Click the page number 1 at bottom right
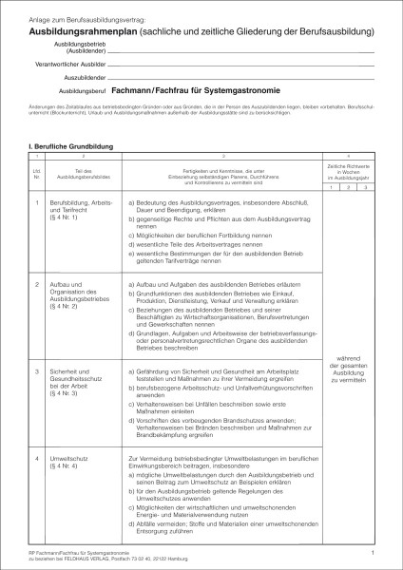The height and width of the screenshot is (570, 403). point(374,551)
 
